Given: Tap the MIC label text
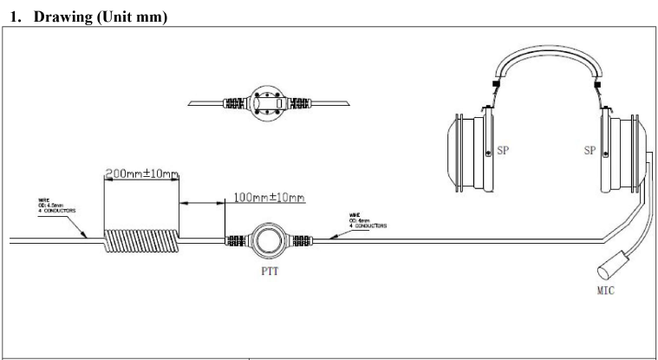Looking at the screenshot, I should point(605,291).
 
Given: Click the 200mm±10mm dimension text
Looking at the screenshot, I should point(141,174).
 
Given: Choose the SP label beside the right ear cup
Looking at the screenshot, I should point(590,149).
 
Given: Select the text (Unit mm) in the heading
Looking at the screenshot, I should point(136,16).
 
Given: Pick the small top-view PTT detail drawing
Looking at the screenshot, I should point(268,103).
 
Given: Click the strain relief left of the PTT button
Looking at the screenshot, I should point(236,240).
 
